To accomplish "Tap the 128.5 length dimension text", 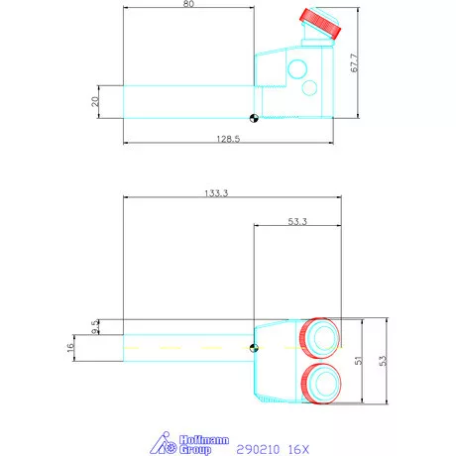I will pos(228,140).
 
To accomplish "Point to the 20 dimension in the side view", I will pos(95,101).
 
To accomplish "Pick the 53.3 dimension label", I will pos(294,220).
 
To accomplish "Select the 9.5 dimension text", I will pos(95,326).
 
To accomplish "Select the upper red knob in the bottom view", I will pos(320,337).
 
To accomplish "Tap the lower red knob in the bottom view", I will pos(320,383).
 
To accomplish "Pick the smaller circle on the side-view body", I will pos(309,88).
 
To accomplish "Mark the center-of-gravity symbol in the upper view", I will pos(254,118).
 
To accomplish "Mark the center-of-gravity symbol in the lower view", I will pos(254,348).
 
